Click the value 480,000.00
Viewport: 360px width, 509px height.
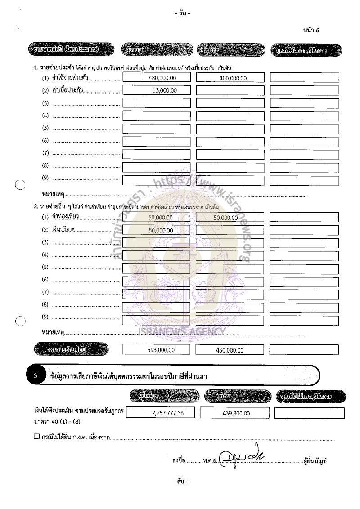point(162,78)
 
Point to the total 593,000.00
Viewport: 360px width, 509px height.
point(161,350)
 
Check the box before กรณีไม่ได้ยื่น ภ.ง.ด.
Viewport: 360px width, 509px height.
point(37,437)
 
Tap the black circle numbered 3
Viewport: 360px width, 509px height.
point(36,376)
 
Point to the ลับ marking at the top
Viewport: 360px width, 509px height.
point(182,13)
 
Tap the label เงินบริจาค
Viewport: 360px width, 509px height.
point(64,230)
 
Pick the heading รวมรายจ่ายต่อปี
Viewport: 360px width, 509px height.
point(72,349)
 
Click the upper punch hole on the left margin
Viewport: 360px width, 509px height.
point(19,184)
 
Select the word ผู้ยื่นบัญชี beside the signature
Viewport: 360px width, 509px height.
point(315,460)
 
